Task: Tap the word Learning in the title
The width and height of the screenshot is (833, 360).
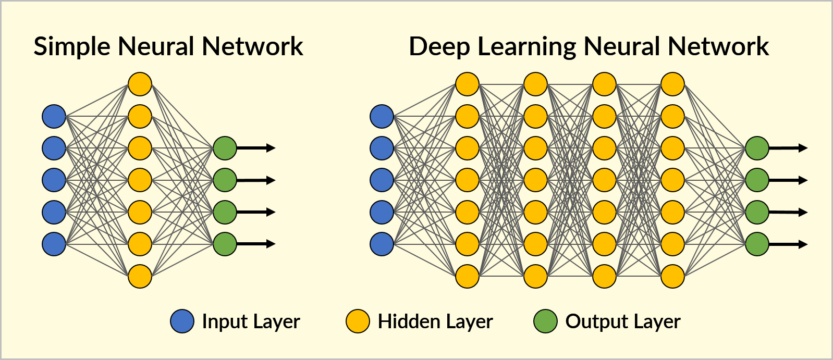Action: (x=526, y=47)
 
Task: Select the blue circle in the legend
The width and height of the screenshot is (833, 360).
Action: (x=182, y=321)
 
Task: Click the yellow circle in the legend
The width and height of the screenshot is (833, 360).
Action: (x=358, y=321)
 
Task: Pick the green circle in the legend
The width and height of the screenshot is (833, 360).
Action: (x=545, y=321)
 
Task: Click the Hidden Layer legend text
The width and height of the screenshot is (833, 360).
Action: (x=435, y=321)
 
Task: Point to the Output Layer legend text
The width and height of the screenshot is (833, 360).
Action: (x=622, y=321)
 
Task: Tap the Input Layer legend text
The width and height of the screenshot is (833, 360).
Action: (x=251, y=321)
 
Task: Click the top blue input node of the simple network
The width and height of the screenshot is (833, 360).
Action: (x=54, y=116)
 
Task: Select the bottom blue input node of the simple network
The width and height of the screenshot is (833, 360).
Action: (x=54, y=244)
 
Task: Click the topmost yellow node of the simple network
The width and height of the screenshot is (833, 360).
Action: (x=140, y=84)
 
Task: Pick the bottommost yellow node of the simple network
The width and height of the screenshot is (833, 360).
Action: (x=140, y=276)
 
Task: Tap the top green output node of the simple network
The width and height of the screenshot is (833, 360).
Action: (x=225, y=148)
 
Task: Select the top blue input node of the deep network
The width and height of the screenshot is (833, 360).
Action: (x=382, y=116)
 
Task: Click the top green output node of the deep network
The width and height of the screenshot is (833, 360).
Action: (x=757, y=148)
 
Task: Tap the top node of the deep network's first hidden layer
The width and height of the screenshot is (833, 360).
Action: (x=467, y=84)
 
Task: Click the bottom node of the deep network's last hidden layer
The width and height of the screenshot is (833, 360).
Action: (x=672, y=276)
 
